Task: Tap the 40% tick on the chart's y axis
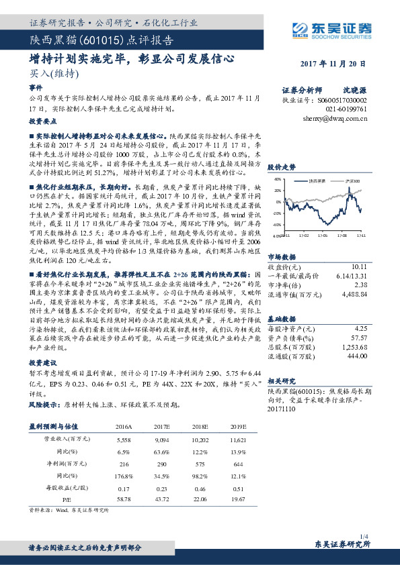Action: click(276, 181)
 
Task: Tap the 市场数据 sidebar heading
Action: click(281, 256)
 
